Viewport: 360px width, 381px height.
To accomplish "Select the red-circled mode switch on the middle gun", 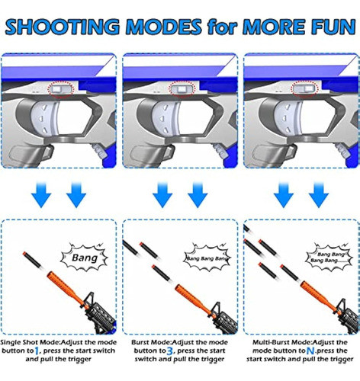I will (x=181, y=91).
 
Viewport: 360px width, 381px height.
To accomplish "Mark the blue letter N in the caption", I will (x=281, y=352).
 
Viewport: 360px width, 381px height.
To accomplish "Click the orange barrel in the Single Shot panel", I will (x=47, y=281).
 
